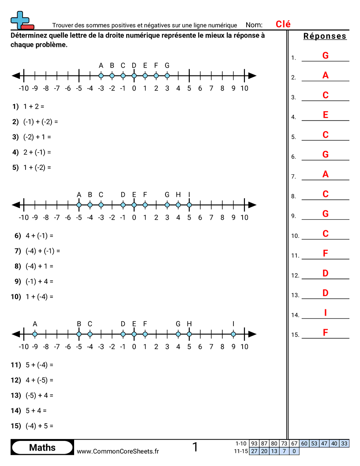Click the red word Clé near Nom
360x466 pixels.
click(x=283, y=25)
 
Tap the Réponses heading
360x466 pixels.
click(x=325, y=36)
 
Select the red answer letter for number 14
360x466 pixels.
click(x=326, y=313)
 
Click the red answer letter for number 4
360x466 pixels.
click(x=326, y=115)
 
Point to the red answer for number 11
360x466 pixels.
click(x=326, y=253)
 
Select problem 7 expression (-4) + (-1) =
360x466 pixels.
click(x=42, y=251)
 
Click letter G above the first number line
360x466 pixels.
click(x=167, y=66)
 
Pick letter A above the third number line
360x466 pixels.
click(x=35, y=324)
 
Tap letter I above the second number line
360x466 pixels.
click(x=189, y=195)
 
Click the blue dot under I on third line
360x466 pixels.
click(x=233, y=334)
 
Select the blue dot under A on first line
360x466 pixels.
click(x=101, y=76)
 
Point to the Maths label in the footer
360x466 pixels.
click(x=42, y=447)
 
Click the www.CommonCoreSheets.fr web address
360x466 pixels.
click(x=118, y=451)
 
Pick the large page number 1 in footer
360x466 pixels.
click(x=195, y=447)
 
